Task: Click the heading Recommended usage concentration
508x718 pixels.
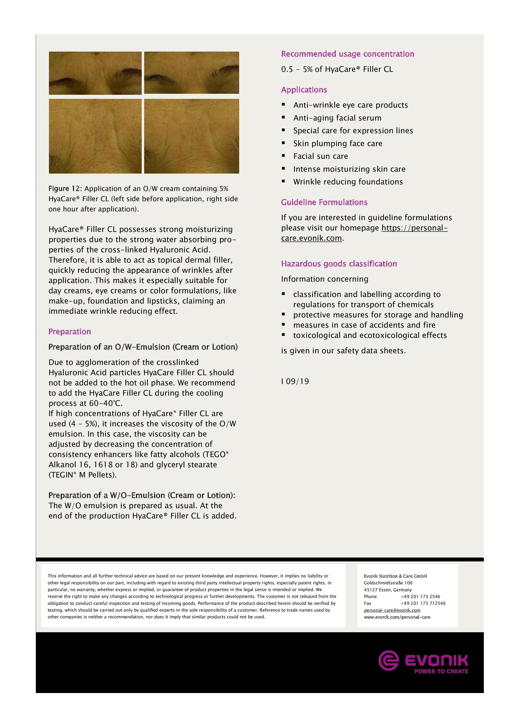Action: tap(347, 54)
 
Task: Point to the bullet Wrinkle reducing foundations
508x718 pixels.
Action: tap(348, 182)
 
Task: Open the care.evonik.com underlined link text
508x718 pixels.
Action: tap(311, 238)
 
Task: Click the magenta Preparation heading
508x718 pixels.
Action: tap(69, 332)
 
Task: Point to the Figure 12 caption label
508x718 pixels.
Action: tap(65, 189)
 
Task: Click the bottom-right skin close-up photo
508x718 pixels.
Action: tap(191, 136)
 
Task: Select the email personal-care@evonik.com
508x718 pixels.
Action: tap(392, 610)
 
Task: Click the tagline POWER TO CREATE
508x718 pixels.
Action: tap(441, 671)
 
